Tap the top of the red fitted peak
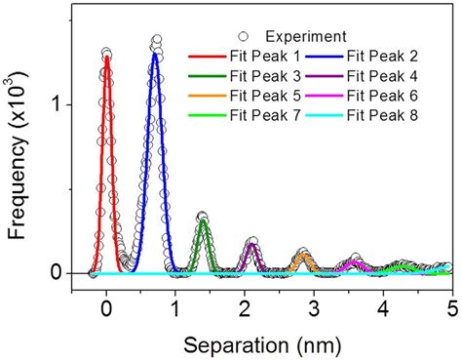[x=106, y=57]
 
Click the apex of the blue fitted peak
[x=154, y=54]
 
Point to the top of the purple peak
[x=252, y=244]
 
